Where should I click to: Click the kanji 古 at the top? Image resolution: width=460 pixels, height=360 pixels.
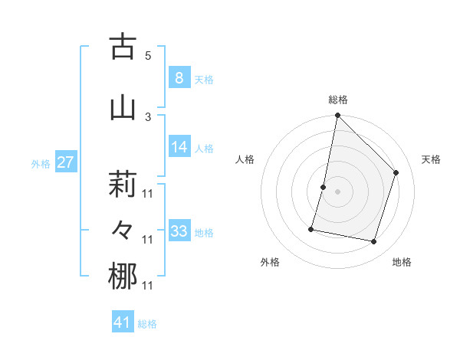pyautogui.click(x=123, y=47)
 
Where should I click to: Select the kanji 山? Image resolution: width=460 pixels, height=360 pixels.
pyautogui.click(x=123, y=106)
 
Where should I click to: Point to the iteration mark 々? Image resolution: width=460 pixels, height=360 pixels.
pyautogui.click(x=123, y=230)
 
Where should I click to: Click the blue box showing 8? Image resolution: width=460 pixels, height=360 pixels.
pyautogui.click(x=179, y=77)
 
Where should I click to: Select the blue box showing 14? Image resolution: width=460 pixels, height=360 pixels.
pyautogui.click(x=179, y=147)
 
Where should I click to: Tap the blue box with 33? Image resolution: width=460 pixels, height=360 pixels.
pyautogui.click(x=179, y=231)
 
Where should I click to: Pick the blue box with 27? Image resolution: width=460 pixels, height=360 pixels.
pyautogui.click(x=66, y=162)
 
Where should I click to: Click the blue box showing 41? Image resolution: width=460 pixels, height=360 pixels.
pyautogui.click(x=123, y=322)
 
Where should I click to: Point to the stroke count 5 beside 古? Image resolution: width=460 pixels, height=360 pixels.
pyautogui.click(x=148, y=55)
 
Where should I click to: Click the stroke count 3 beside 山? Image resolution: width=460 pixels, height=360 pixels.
pyautogui.click(x=148, y=116)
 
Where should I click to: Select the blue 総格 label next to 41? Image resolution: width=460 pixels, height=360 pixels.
pyautogui.click(x=147, y=324)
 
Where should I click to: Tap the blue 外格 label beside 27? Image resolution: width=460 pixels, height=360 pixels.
pyautogui.click(x=41, y=164)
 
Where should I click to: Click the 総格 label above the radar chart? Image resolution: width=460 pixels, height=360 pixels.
pyautogui.click(x=337, y=100)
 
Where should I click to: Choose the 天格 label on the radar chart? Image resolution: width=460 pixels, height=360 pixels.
pyautogui.click(x=432, y=159)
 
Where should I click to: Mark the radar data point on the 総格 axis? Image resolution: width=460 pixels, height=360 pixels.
pyautogui.click(x=337, y=115)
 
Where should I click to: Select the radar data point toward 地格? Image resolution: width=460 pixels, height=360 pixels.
pyautogui.click(x=373, y=242)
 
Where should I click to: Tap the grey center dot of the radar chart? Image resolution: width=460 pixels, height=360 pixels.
pyautogui.click(x=337, y=191)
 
